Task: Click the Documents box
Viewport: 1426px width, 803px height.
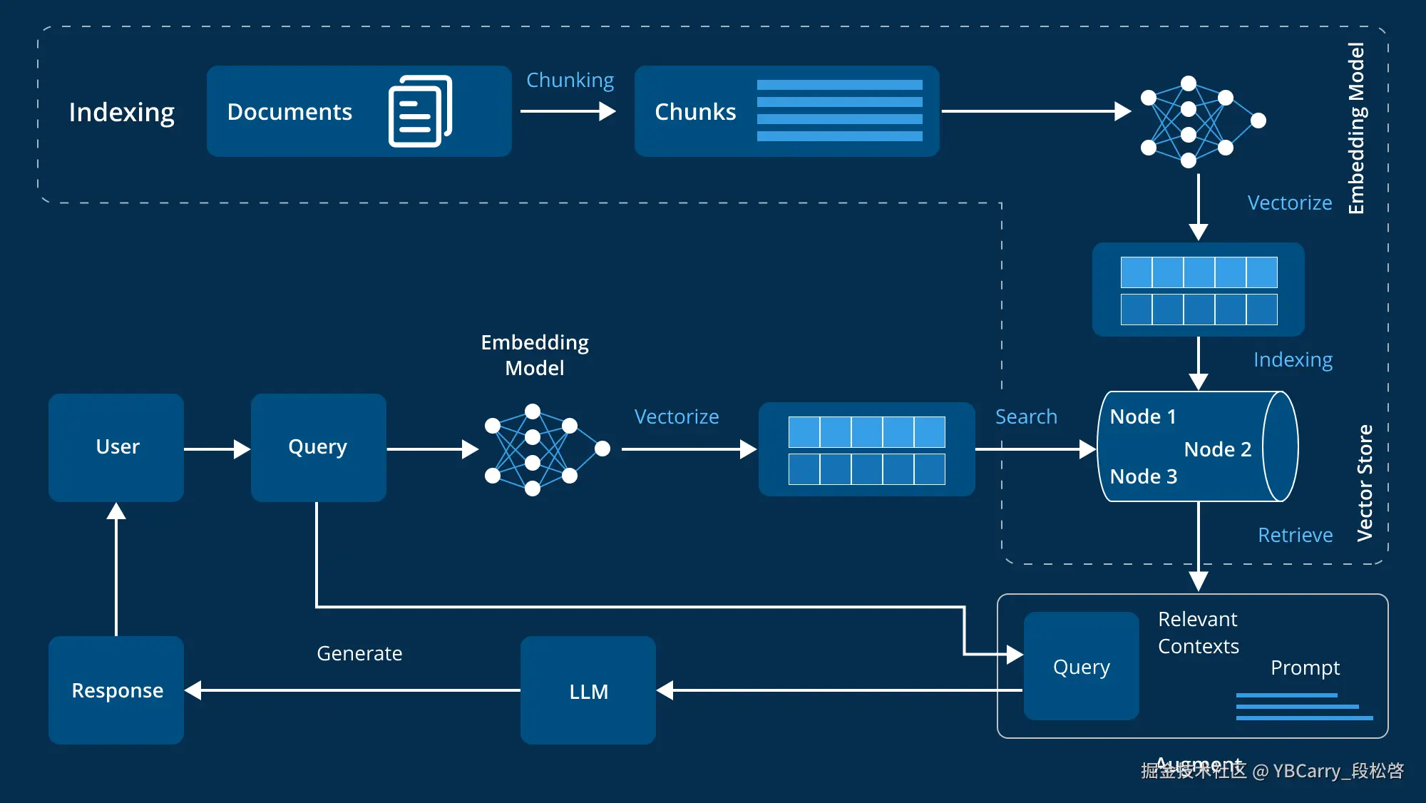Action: tap(359, 111)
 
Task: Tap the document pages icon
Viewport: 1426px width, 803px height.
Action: tap(420, 111)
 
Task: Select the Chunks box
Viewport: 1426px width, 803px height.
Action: tap(786, 111)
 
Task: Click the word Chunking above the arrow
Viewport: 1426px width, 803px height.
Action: tap(570, 80)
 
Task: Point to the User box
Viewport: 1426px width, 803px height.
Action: tap(116, 447)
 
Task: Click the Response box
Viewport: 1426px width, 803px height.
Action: tap(116, 690)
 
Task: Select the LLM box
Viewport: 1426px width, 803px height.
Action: tap(588, 690)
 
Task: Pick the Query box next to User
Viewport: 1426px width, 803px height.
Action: tap(318, 447)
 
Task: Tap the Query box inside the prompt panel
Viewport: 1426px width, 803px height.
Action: tap(1081, 666)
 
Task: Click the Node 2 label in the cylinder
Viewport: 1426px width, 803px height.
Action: tap(1217, 449)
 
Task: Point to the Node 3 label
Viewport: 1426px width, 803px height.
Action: tap(1143, 476)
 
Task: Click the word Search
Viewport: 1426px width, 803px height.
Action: tap(1026, 416)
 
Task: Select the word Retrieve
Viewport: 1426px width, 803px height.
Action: tap(1295, 535)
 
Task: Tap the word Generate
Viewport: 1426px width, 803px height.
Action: tap(359, 653)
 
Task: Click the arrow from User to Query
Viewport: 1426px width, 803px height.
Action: tap(217, 449)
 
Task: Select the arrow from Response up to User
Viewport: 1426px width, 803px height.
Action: tap(116, 571)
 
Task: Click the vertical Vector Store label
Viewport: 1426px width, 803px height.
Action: tap(1365, 483)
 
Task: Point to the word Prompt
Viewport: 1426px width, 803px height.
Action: tap(1305, 668)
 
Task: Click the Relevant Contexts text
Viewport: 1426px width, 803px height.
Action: tap(1198, 633)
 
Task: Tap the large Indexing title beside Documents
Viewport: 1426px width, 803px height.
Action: tap(121, 112)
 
